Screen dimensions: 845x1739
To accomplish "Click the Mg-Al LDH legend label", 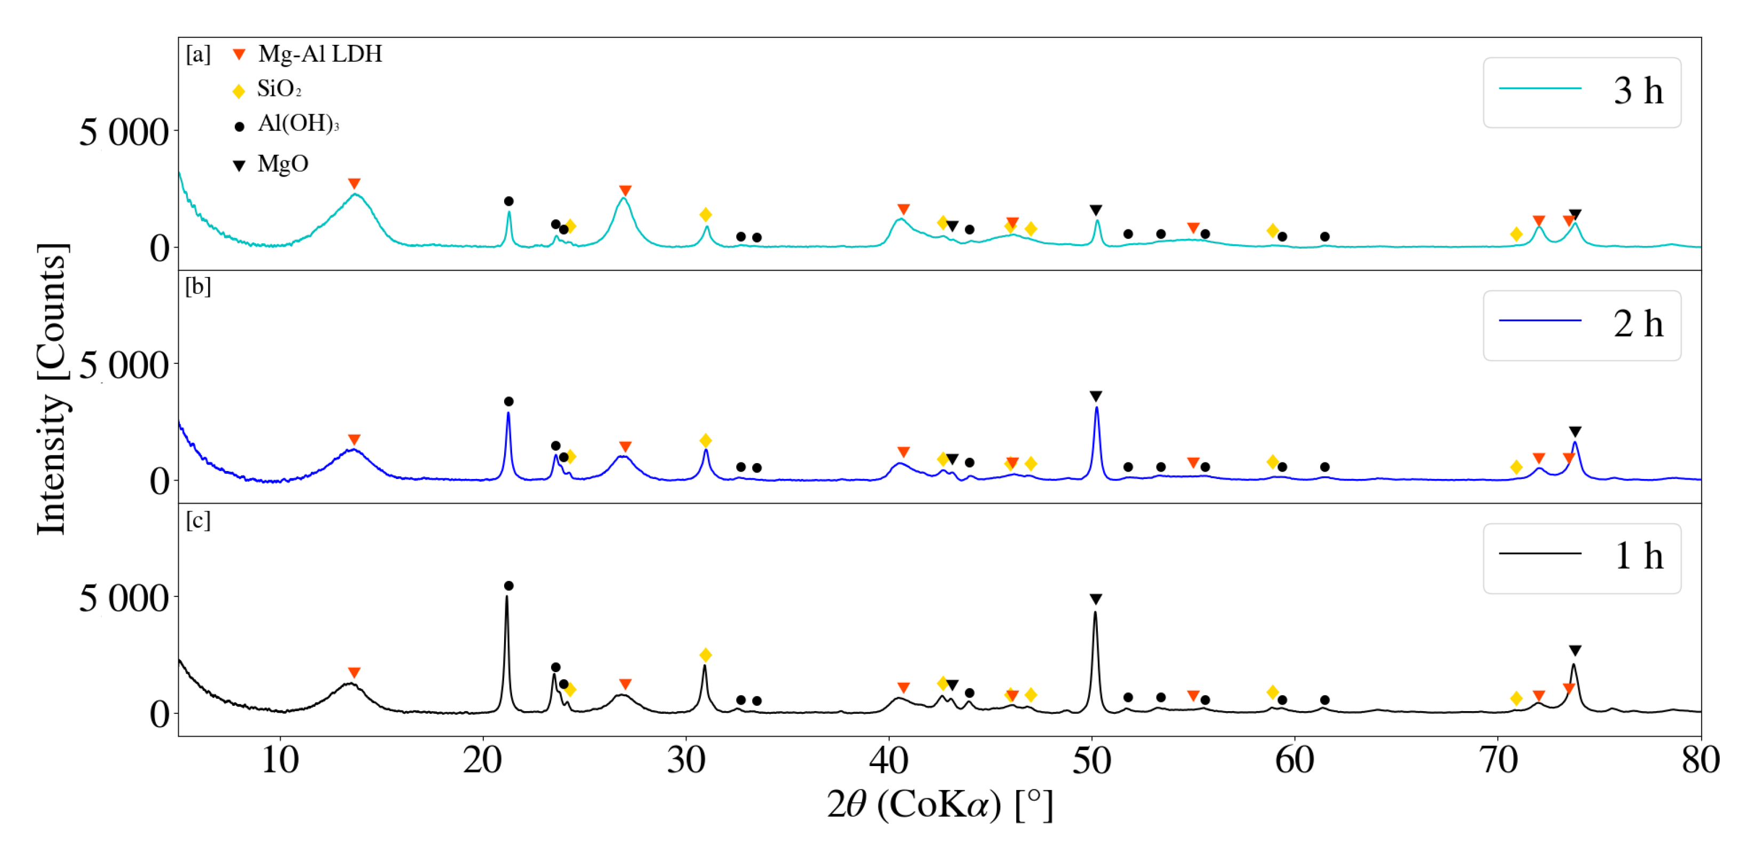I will pos(320,54).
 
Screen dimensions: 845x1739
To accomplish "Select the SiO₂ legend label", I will pos(279,89).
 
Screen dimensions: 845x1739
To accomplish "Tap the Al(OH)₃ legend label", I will pos(298,124).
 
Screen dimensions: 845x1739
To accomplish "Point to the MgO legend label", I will pos(283,164).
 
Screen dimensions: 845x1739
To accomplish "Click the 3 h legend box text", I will pos(1638,91).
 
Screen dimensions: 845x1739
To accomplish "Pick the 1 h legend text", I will pos(1638,557).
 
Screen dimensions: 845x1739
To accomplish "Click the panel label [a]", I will pos(198,54).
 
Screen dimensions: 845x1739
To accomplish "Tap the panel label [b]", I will pos(198,287).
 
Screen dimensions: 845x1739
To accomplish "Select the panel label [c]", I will pos(198,520).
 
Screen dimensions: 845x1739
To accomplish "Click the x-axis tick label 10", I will pos(280,761).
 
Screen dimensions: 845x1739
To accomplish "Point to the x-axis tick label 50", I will pos(1091,761).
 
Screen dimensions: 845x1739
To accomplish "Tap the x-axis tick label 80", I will pos(1701,761).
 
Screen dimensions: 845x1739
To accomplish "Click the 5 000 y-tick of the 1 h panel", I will pos(124,598).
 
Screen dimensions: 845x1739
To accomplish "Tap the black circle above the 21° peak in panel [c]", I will pos(508,586).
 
